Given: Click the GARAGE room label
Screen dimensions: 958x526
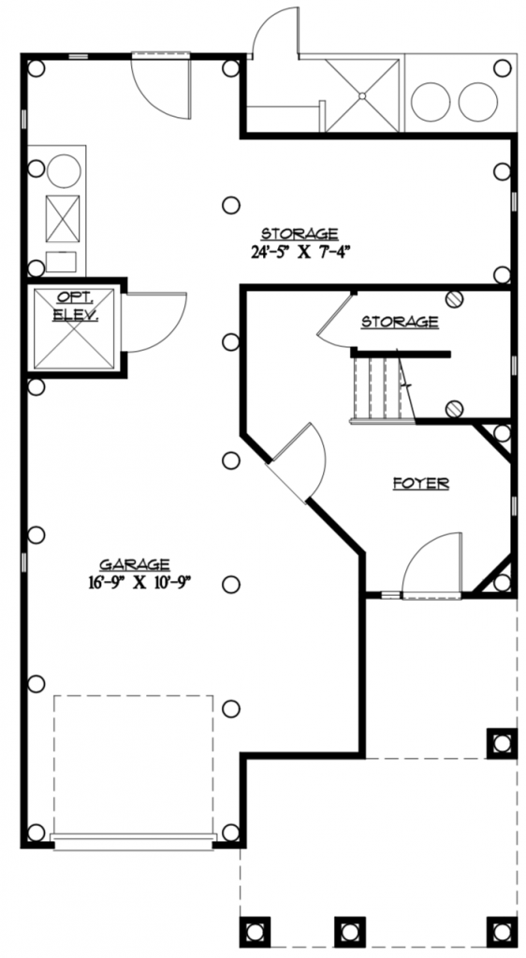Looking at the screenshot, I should tap(135, 564).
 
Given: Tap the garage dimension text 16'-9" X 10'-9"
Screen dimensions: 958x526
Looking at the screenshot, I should tap(135, 582).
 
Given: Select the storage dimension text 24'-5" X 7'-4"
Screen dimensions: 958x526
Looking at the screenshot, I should tap(299, 251).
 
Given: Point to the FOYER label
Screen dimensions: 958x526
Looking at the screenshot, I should tap(420, 484).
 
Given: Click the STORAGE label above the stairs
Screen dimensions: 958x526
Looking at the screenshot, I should tap(400, 322).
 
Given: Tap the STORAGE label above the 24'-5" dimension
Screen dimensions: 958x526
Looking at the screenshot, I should tap(299, 233).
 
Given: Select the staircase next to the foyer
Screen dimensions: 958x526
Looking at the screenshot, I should tap(382, 387).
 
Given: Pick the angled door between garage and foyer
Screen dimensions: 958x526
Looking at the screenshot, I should tap(301, 460).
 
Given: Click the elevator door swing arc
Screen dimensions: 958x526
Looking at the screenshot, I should tap(153, 323).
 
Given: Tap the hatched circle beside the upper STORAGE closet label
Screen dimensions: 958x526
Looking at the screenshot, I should tap(454, 300).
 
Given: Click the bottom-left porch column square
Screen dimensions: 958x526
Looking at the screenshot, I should tap(255, 931).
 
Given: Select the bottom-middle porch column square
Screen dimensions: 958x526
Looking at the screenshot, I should tap(349, 931).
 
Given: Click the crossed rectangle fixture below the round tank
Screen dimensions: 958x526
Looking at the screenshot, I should tap(63, 218).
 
